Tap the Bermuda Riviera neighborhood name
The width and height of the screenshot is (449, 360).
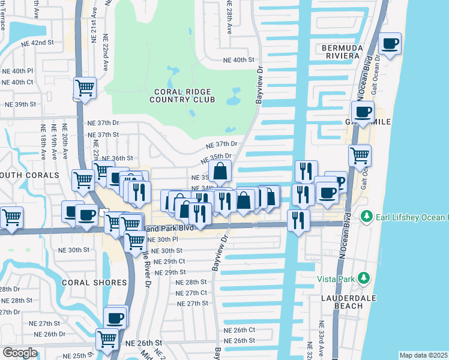pyautogui.click(x=342, y=53)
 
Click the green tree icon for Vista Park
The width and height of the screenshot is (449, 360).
pyautogui.click(x=363, y=278)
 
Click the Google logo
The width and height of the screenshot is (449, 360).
pyautogui.click(x=20, y=353)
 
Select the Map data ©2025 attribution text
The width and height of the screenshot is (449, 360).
pyautogui.click(x=423, y=355)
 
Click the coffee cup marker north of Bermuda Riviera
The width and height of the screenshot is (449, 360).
pyautogui.click(x=390, y=44)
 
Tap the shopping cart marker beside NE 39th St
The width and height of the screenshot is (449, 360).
pyautogui.click(x=85, y=88)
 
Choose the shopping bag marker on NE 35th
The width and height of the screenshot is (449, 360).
pyautogui.click(x=220, y=171)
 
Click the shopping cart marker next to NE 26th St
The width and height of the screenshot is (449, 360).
pyautogui.click(x=107, y=339)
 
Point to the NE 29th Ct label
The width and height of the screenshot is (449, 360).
pyautogui.click(x=169, y=262)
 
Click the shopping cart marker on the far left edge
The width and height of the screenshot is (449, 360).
pyautogui.click(x=11, y=217)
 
